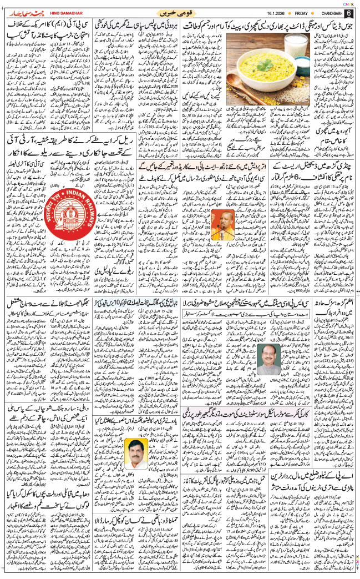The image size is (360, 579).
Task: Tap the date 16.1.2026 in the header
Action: click(259, 13)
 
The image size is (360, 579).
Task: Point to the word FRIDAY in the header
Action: click(292, 13)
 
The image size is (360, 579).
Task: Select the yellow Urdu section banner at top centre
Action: click(180, 12)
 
